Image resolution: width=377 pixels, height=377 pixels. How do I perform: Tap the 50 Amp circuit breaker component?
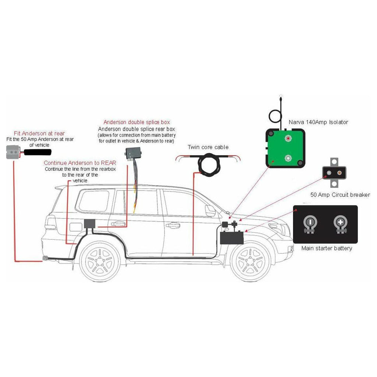334,172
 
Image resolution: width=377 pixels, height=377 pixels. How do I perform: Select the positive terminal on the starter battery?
341,223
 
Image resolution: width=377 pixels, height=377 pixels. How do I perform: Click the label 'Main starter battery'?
327,248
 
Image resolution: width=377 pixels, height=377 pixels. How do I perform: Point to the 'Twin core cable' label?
208,147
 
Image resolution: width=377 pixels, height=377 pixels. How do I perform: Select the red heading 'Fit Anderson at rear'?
39,133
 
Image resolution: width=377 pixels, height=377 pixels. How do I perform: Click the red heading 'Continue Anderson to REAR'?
80,163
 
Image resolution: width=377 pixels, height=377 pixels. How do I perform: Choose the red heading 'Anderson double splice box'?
137,122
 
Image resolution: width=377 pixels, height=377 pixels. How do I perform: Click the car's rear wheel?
100,260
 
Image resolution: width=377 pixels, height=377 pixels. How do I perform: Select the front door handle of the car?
173,225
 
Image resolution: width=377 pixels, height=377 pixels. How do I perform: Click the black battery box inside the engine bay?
232,237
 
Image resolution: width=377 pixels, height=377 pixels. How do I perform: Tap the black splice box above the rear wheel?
89,223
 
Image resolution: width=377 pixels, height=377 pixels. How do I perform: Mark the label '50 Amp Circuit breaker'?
340,195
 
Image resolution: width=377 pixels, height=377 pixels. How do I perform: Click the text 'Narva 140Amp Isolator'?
318,122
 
